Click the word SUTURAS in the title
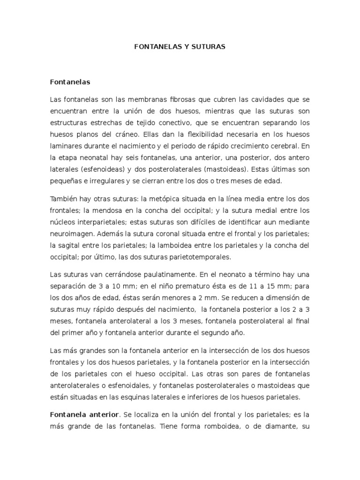tap(208, 47)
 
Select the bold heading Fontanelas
tap(70, 82)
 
